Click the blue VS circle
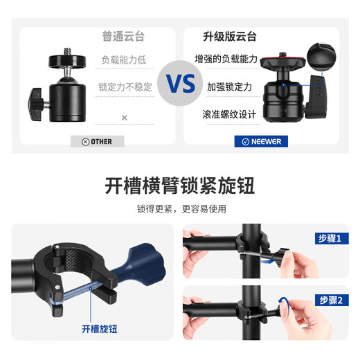[x=180, y=84]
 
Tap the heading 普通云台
[x=125, y=36]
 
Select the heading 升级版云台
[x=228, y=36]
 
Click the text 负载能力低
[x=124, y=60]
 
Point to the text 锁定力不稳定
[x=124, y=87]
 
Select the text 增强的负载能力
[x=226, y=60]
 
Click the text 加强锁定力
[x=229, y=87]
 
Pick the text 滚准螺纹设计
[x=229, y=114]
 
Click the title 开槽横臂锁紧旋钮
[x=180, y=186]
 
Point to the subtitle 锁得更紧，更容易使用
[x=180, y=208]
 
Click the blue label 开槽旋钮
[x=100, y=330]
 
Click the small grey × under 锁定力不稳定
[x=125, y=118]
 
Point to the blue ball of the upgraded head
[x=286, y=85]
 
